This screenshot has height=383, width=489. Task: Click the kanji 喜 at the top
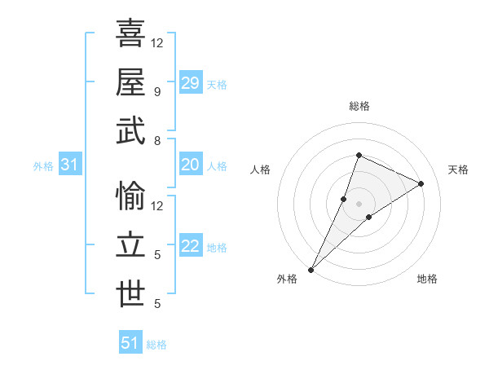[x=131, y=33]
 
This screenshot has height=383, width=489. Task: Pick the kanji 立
[x=131, y=245]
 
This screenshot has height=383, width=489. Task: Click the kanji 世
[x=131, y=294]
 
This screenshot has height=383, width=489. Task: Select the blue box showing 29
[x=191, y=83]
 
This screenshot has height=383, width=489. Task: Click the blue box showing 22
[x=191, y=247]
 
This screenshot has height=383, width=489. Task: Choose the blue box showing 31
[x=70, y=165]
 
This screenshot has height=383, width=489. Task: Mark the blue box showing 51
[x=130, y=343]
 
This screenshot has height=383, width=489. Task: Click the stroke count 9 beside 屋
[x=156, y=91]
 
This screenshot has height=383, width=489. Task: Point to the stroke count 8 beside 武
[x=156, y=140]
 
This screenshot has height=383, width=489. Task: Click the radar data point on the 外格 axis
[x=311, y=269]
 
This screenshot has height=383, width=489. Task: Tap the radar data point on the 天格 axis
[x=421, y=183]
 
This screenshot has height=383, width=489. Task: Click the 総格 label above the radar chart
[x=359, y=106]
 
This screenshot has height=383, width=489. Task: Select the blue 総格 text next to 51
[x=156, y=345]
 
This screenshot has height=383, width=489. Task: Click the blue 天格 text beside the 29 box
[x=217, y=85]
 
